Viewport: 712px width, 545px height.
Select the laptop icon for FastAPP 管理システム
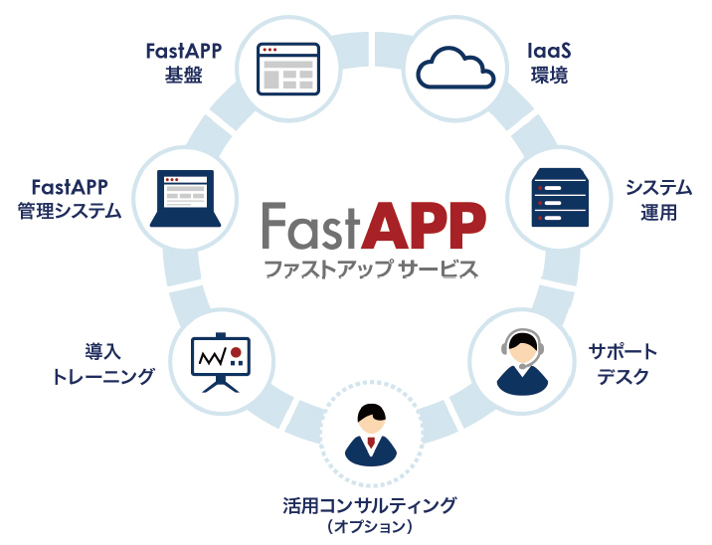coord(185,196)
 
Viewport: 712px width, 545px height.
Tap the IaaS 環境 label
coord(548,62)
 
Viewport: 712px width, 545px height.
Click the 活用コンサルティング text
coord(369,504)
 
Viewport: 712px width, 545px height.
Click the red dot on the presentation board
coord(235,351)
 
